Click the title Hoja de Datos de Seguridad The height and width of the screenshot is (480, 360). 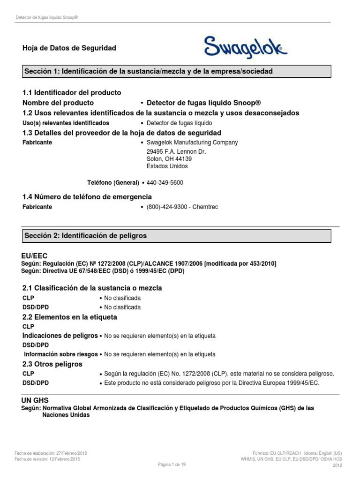(x=69, y=48)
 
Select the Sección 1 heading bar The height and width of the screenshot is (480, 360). (x=177, y=71)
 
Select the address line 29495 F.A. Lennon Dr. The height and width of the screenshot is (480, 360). (x=176, y=152)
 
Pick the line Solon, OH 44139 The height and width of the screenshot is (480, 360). (x=169, y=159)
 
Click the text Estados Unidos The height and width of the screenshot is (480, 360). (x=167, y=166)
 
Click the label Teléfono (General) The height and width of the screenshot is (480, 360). (x=113, y=182)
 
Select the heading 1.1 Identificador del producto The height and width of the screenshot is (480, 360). (x=72, y=92)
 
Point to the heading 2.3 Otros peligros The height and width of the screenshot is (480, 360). (x=52, y=364)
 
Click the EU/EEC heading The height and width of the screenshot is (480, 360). (x=34, y=256)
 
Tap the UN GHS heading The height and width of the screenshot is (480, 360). (x=35, y=400)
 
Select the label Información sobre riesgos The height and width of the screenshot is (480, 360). (x=61, y=354)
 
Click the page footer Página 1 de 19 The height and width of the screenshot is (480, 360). (x=172, y=465)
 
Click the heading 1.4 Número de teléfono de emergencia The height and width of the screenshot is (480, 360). (x=87, y=196)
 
